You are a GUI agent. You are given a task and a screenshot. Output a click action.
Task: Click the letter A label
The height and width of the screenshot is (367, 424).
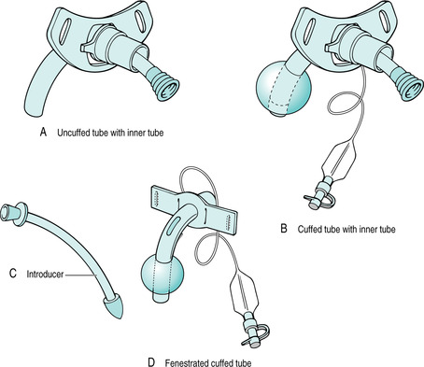click(43, 132)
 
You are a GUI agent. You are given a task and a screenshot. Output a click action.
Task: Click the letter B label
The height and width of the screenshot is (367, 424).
click(284, 229)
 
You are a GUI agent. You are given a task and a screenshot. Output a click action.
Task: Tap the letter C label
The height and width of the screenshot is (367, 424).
click(13, 273)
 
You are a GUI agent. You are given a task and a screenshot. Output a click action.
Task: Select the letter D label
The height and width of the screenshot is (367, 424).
click(151, 362)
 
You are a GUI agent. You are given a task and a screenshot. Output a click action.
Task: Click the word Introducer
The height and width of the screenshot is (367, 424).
click(45, 275)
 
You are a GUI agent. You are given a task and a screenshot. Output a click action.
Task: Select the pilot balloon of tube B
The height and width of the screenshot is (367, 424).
click(338, 161)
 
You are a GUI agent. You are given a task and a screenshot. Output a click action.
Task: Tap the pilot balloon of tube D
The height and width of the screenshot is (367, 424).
click(245, 291)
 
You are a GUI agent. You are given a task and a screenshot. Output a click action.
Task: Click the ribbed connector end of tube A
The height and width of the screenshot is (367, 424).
click(164, 85)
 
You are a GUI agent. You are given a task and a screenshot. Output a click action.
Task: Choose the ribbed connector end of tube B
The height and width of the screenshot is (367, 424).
click(408, 85)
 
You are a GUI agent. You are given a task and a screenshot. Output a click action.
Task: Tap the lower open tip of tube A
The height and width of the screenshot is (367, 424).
click(32, 110)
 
